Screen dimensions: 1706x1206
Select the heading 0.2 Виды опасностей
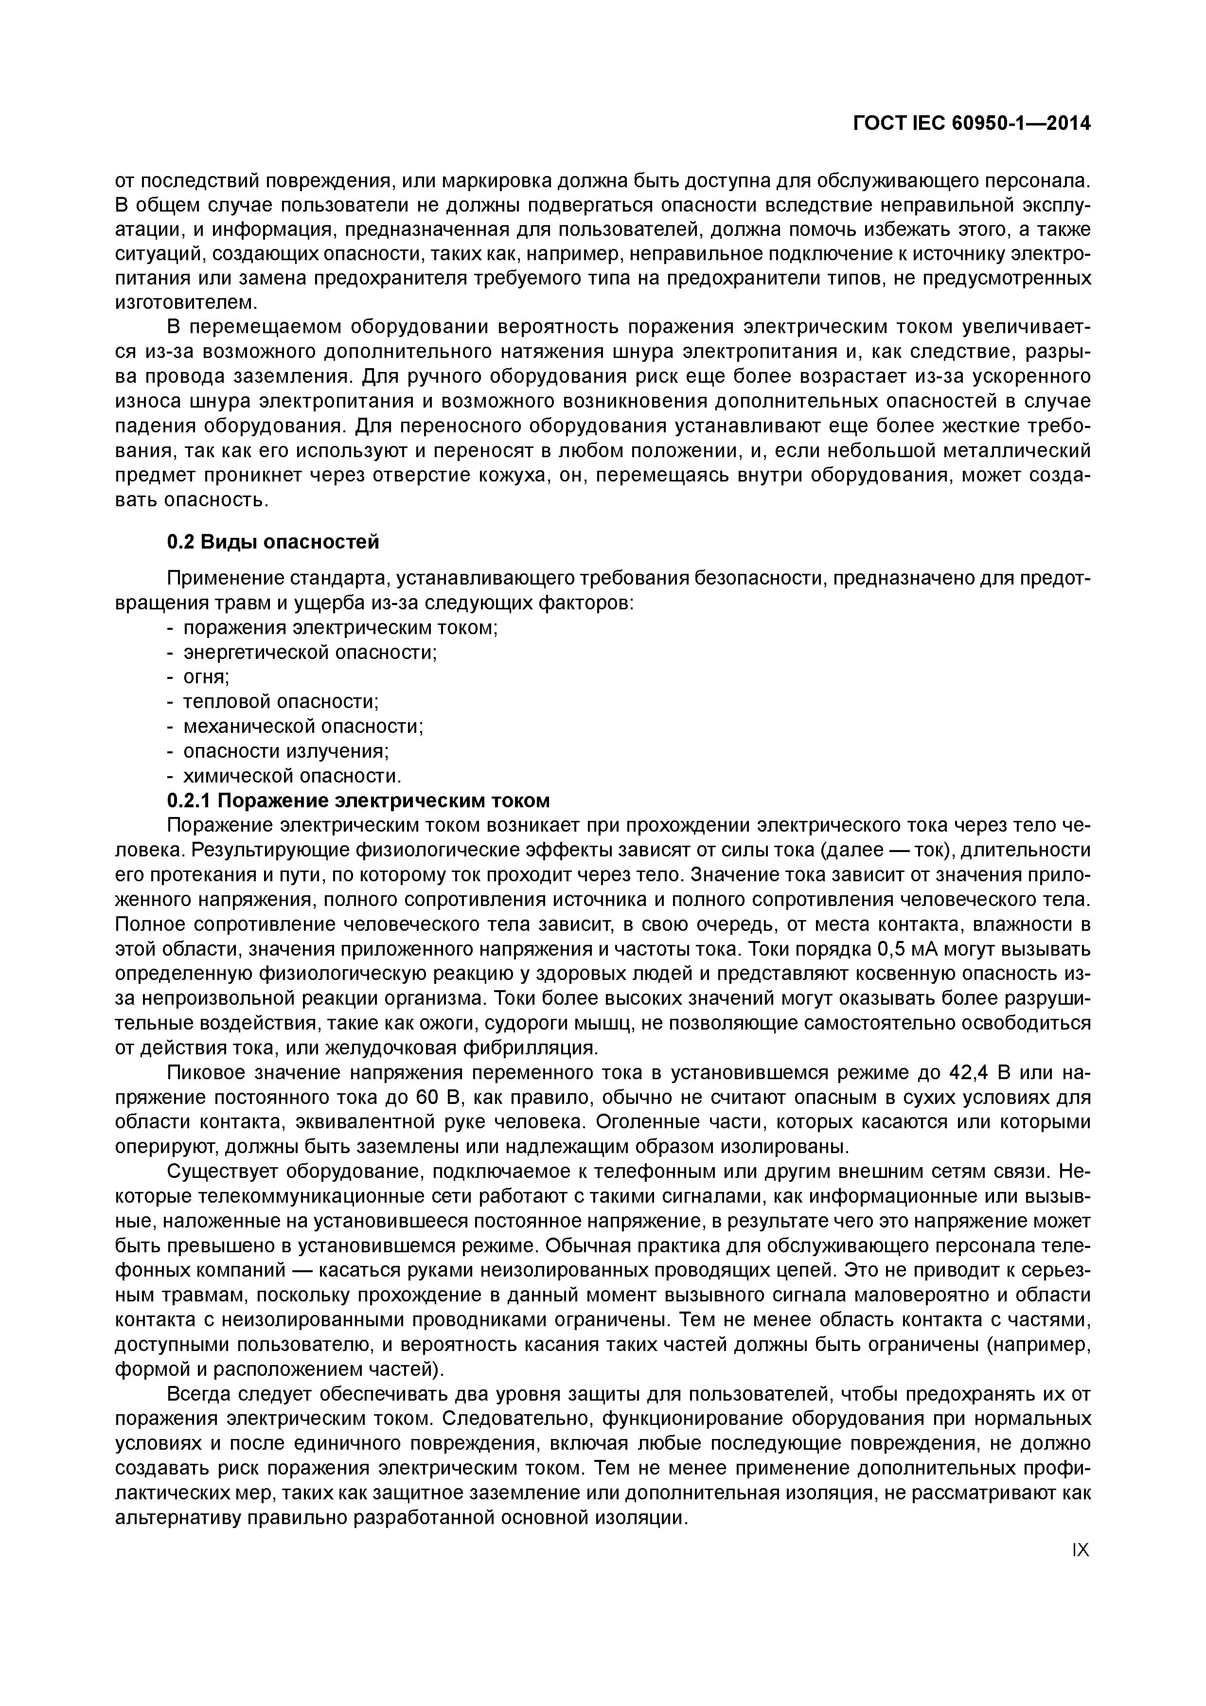[x=273, y=542]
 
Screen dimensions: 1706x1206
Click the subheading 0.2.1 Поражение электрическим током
[x=358, y=800]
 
